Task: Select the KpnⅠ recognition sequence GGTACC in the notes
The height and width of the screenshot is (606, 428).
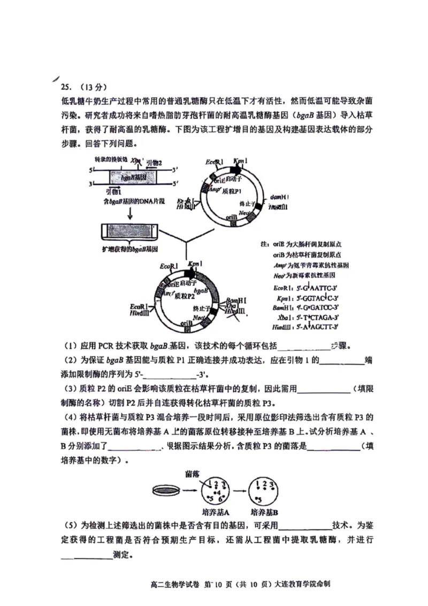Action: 319,298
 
